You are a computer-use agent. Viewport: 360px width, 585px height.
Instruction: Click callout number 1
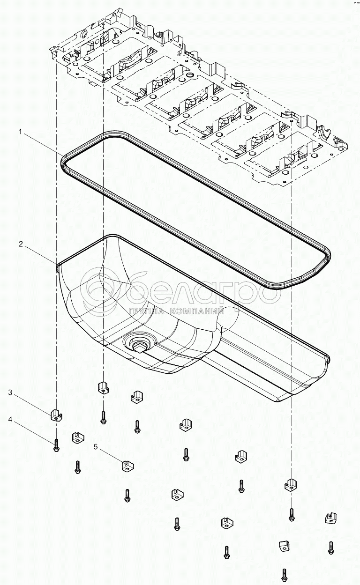point(21,133)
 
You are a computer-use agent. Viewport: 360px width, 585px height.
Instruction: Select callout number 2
point(21,244)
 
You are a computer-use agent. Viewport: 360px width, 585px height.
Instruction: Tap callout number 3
point(10,392)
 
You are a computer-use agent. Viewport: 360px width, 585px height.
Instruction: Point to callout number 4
point(10,420)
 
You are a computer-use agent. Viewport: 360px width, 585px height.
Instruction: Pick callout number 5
point(96,447)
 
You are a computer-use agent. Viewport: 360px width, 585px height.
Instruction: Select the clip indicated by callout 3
point(56,414)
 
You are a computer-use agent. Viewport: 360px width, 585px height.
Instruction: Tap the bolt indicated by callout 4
point(56,445)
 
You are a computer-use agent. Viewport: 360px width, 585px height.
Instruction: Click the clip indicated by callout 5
point(127,466)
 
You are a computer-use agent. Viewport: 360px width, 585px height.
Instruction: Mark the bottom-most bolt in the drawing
point(284,574)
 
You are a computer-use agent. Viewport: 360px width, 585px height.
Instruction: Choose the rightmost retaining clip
point(331,518)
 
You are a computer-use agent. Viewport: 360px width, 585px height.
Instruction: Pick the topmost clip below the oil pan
point(103,387)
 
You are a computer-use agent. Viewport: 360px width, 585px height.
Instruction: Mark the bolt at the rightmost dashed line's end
point(291,514)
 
